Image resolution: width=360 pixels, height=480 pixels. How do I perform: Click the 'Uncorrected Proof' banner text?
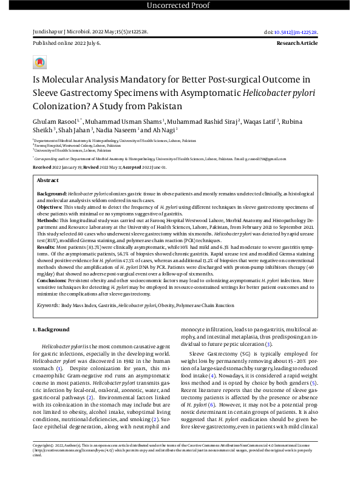pos(180,6)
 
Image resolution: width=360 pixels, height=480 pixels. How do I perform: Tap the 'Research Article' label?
pos(297,44)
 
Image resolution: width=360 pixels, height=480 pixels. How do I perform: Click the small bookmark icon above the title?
pos(39,63)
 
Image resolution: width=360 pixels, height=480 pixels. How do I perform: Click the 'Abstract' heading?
pos(48,181)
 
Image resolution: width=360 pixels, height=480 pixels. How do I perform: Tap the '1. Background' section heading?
pos(52,328)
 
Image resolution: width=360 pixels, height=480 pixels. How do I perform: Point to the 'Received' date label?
pos(42,166)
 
